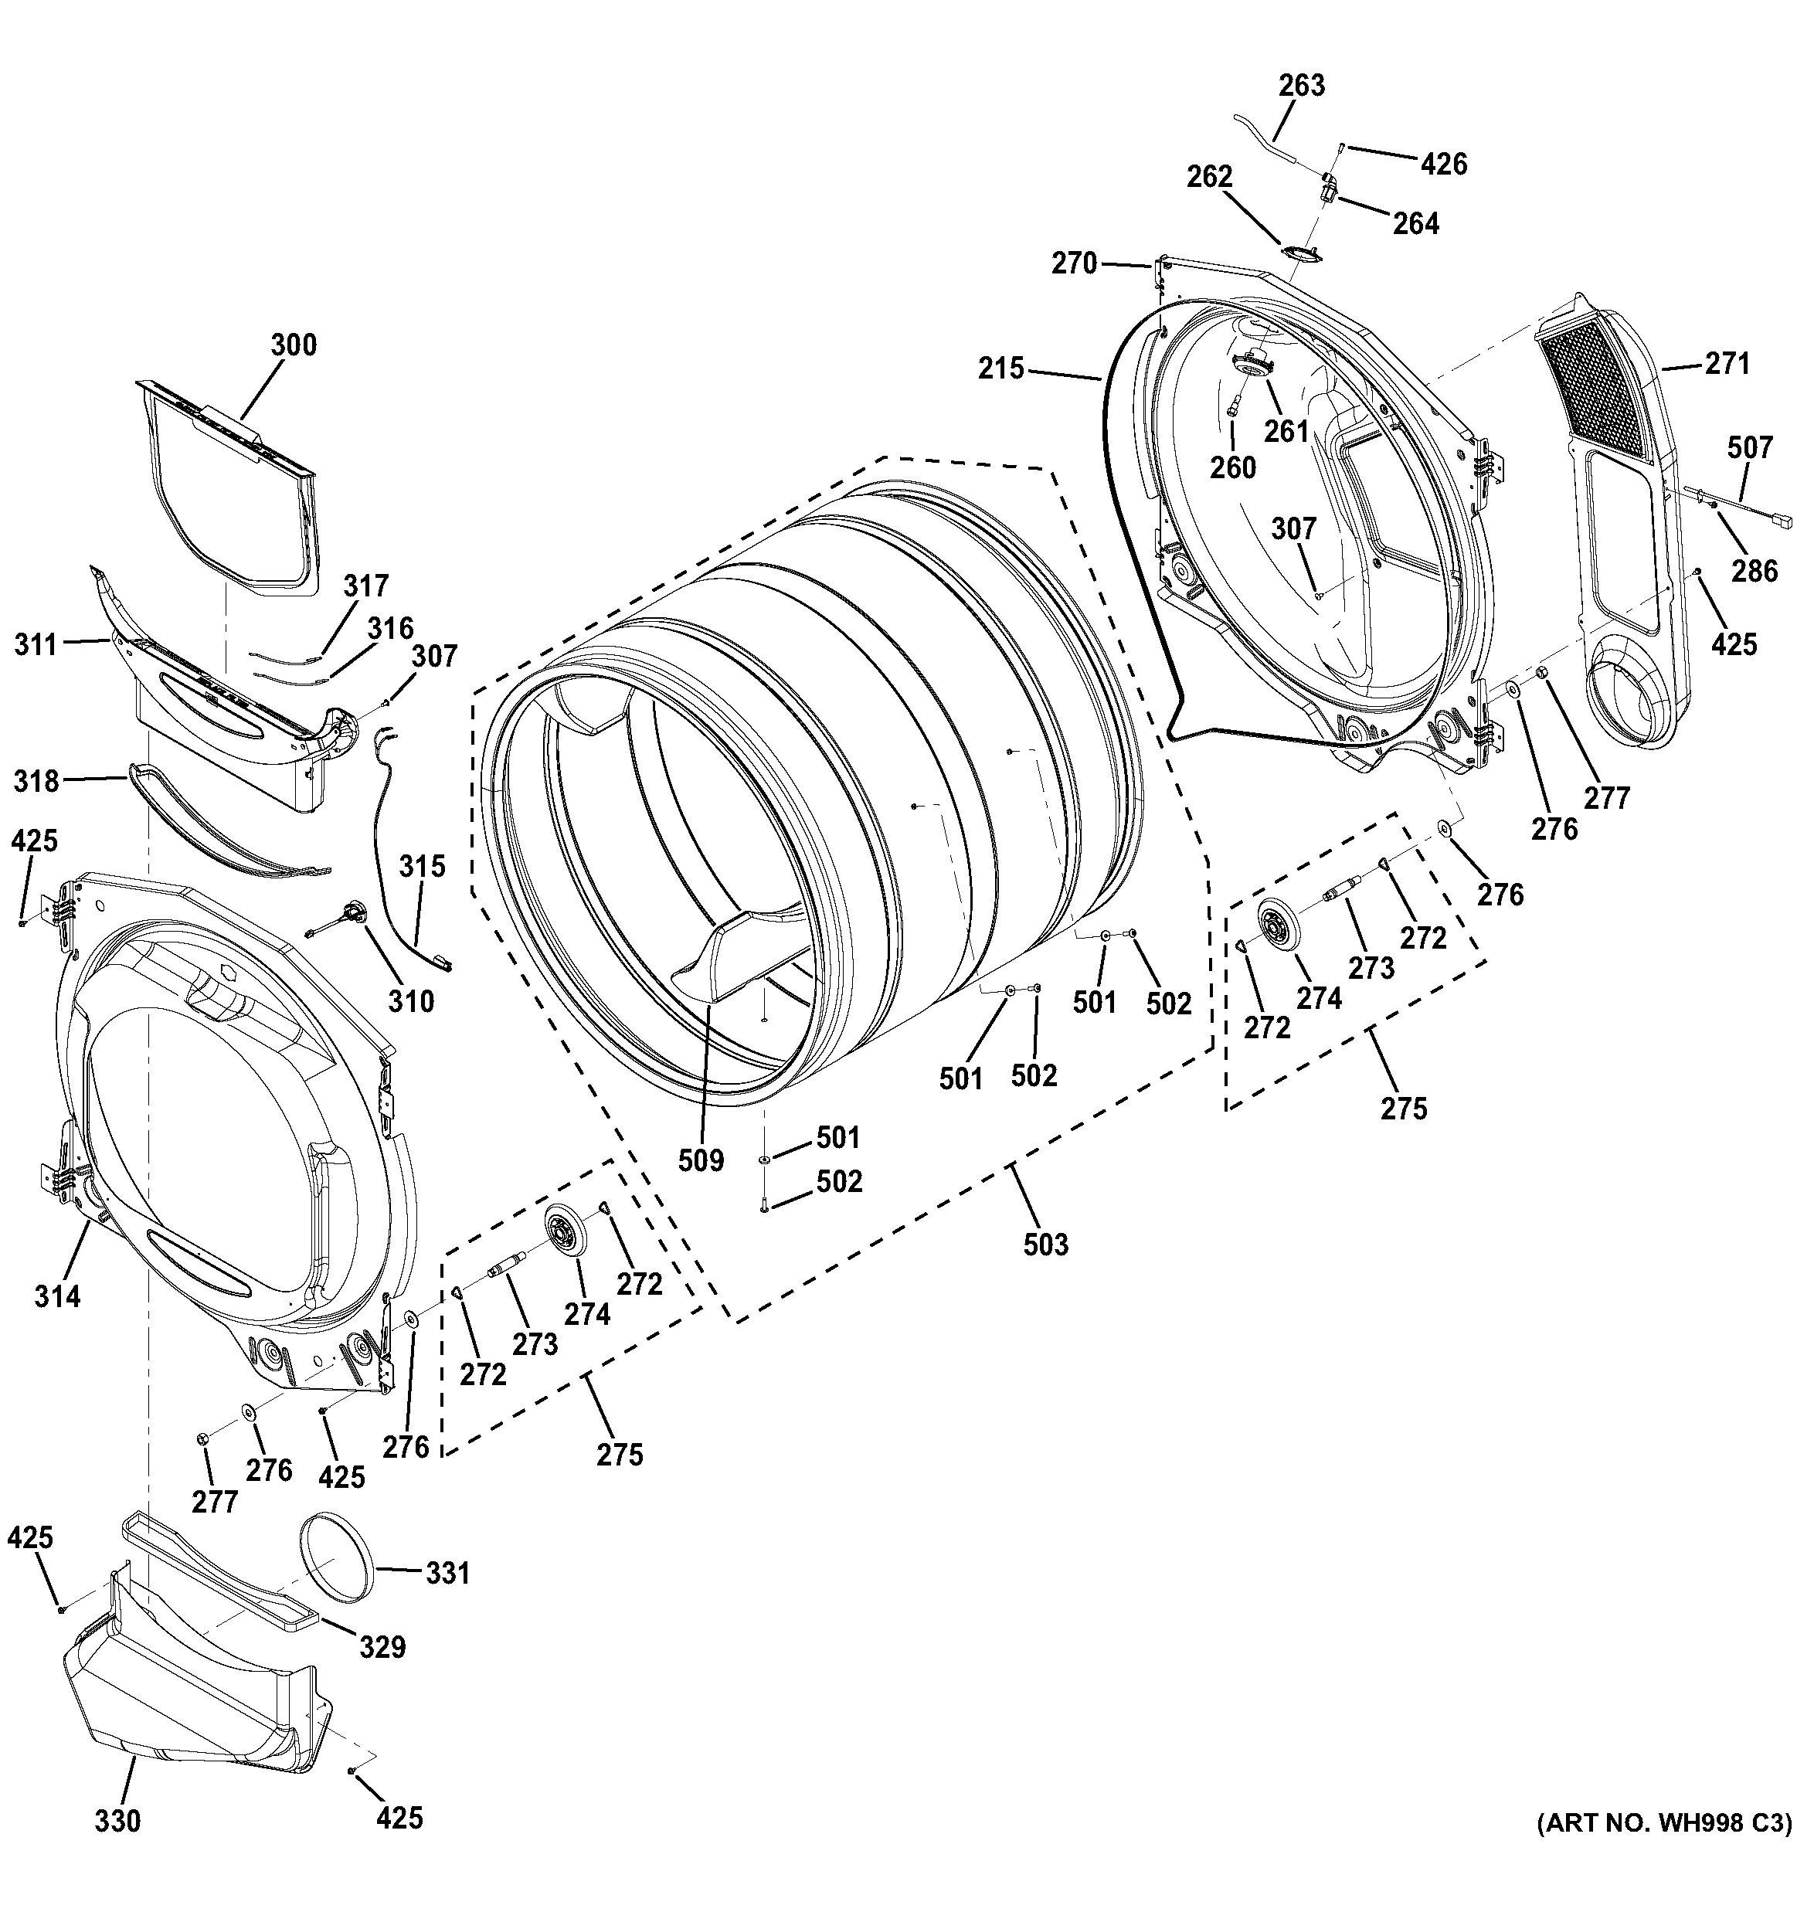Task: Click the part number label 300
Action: pos(294,345)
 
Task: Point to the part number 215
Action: pos(1000,368)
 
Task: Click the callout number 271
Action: pos(1727,364)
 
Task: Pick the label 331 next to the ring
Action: pos(447,1573)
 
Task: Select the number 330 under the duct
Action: pos(117,1821)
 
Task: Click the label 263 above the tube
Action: pos(1302,86)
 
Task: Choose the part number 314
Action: pos(58,1296)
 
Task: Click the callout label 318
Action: pos(36,781)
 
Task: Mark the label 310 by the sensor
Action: pos(411,1001)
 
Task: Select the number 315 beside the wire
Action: pos(423,865)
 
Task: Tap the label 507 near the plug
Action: pos(1749,447)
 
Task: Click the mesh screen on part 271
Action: pos(1596,385)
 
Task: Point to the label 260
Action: pos(1232,467)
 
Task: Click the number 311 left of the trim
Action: pos(36,644)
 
